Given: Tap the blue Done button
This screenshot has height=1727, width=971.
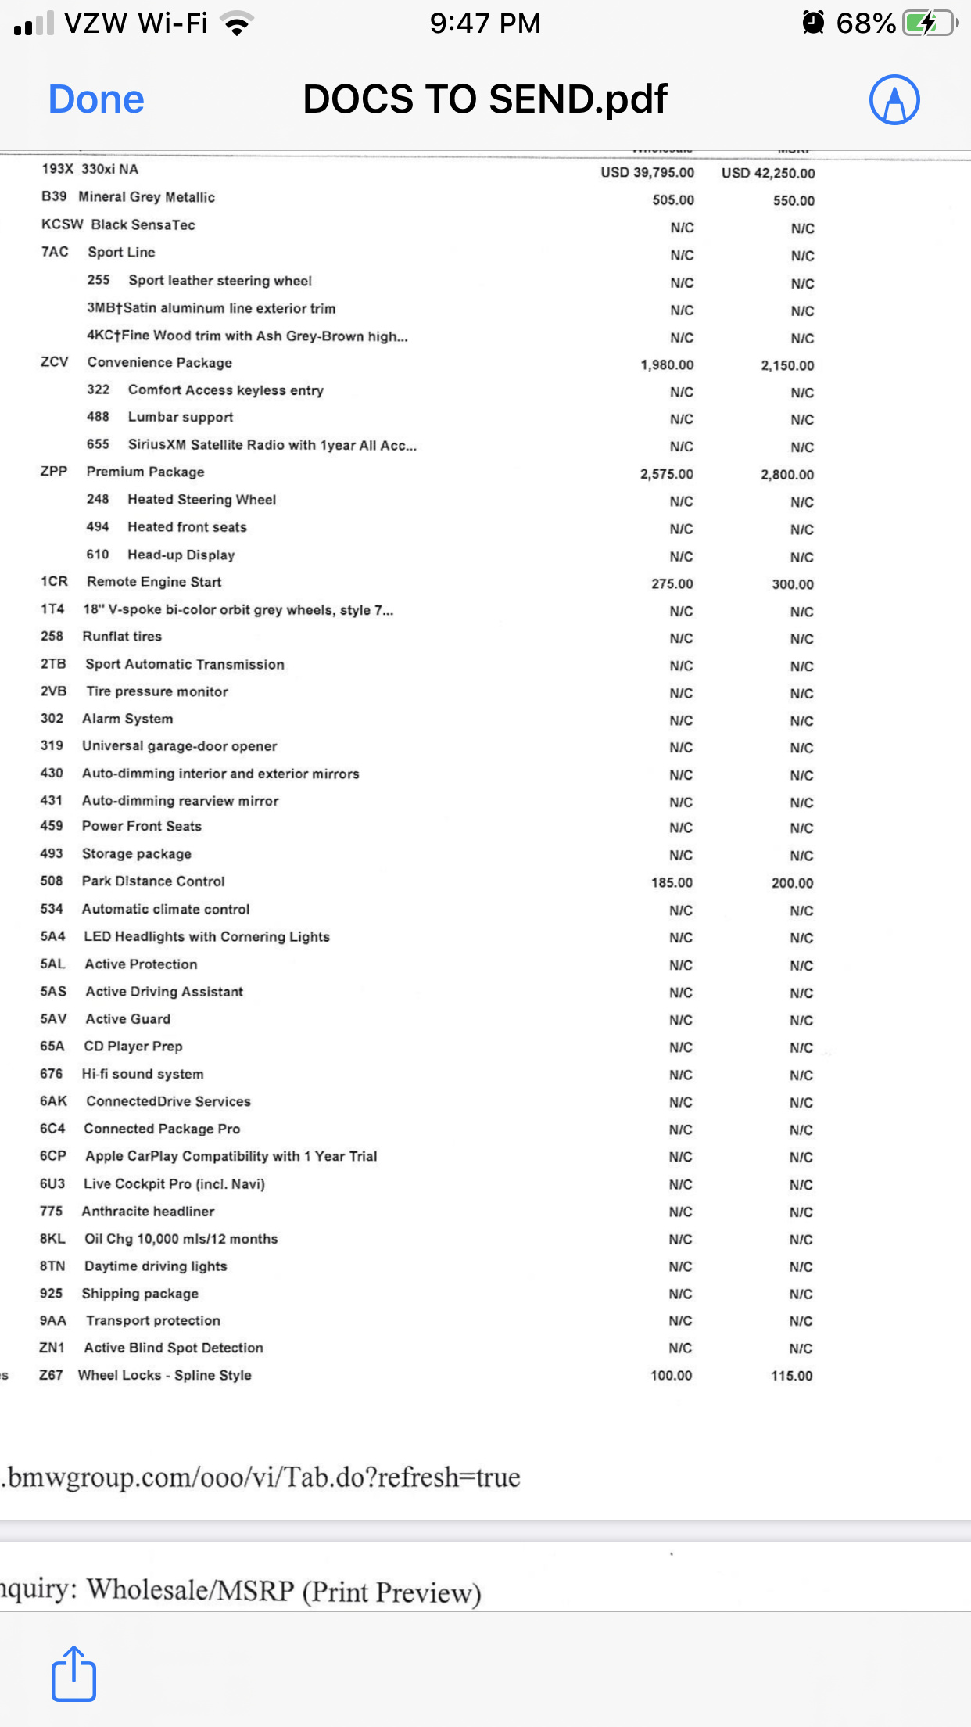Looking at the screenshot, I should click(x=96, y=99).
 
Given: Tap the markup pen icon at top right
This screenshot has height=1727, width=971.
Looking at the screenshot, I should click(x=894, y=99).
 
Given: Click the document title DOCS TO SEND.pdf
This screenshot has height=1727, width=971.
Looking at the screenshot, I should click(x=485, y=99).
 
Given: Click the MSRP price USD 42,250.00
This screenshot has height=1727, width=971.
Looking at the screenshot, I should click(x=768, y=173).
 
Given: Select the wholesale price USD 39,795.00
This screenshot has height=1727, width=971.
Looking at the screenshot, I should click(x=647, y=172).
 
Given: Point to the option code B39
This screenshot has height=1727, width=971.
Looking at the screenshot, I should click(x=54, y=196).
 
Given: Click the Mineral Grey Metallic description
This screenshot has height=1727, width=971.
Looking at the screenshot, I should click(x=146, y=197).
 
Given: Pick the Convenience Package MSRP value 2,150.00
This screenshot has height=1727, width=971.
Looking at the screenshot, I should click(x=787, y=365).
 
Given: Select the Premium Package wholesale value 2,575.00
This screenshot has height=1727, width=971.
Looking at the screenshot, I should click(x=666, y=474).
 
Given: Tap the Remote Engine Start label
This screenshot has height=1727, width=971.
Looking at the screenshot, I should click(x=154, y=582).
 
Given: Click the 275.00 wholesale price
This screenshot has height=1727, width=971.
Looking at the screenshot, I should click(x=672, y=583).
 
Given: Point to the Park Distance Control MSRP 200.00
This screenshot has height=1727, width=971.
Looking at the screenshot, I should click(x=792, y=883).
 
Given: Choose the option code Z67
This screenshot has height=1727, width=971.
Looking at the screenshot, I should click(x=51, y=1375).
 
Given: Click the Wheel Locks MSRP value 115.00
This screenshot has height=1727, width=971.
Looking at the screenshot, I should click(x=791, y=1376).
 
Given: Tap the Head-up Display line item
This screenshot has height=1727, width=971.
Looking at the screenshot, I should click(x=181, y=555).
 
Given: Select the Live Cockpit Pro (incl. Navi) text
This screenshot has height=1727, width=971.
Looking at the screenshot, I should click(x=174, y=1184).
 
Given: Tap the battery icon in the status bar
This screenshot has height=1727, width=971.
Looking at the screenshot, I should click(x=929, y=23).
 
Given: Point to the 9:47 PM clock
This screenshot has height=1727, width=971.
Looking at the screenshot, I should click(x=485, y=23).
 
